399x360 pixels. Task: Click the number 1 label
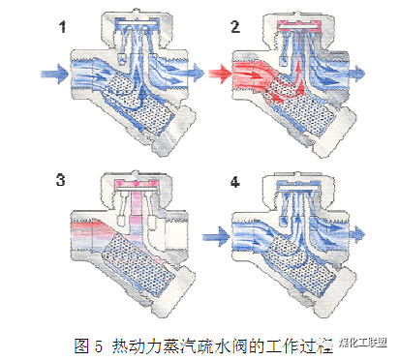tap(64, 28)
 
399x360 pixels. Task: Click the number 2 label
tap(234, 28)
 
